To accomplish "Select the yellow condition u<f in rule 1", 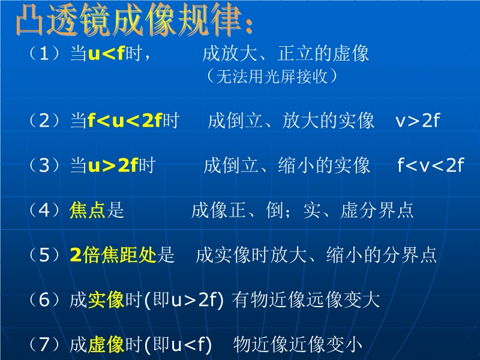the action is coord(106,53).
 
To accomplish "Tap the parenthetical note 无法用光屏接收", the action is coord(272,76).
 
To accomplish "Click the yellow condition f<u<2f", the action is coord(125,121).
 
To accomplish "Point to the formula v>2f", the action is coord(418,121).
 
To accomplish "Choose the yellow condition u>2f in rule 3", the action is coord(113,166).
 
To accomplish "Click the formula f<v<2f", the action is coord(431,166).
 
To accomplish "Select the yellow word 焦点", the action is coord(87,210).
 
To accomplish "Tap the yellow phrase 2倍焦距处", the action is coord(113,254).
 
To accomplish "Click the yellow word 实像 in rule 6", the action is coord(106,299).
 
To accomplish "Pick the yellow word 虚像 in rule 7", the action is coord(106,344).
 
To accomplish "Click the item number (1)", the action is coord(44,53).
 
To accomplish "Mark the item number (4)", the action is coord(44,211).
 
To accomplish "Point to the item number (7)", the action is coord(44,344).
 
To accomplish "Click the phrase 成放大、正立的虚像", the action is coord(286,53).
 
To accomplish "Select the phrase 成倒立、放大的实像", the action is coord(291,121).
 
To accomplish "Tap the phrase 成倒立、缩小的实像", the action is coord(287,166).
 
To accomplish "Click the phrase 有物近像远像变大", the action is coord(306,299).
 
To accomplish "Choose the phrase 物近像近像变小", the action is coord(298,344).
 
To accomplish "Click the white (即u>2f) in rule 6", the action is coord(184,300).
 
